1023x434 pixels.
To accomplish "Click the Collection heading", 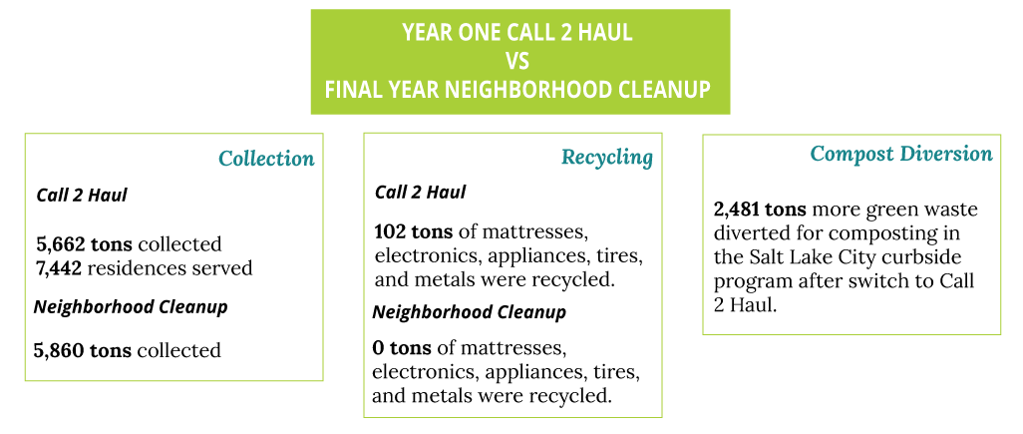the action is click(266, 159).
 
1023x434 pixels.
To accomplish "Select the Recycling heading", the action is click(607, 158).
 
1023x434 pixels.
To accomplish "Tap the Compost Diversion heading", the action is click(901, 154).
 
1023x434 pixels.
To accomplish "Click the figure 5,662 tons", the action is click(84, 244).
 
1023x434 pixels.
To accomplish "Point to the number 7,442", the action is click(60, 269).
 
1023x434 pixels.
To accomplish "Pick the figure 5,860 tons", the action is click(83, 350).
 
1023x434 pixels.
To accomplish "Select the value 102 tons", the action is click(415, 232).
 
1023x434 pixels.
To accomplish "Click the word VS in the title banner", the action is click(518, 62).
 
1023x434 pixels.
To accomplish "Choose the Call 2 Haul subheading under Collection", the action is click(82, 196).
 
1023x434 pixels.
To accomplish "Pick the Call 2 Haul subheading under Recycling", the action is click(420, 193).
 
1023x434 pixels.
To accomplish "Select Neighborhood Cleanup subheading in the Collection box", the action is click(131, 307).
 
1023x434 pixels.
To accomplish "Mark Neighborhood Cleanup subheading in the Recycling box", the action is click(469, 312).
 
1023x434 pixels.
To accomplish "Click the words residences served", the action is click(170, 269).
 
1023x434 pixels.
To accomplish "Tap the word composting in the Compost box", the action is click(896, 234).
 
